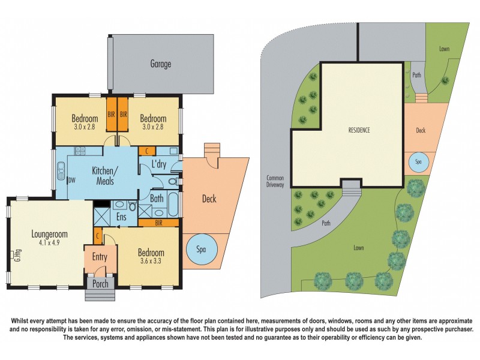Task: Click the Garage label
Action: (160, 64)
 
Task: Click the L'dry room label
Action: (158, 164)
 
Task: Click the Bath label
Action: (157, 198)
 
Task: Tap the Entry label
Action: (99, 257)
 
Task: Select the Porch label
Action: (100, 283)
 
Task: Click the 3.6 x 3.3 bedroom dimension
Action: (149, 262)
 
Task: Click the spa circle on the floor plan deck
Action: (199, 249)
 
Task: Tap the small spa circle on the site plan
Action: (418, 163)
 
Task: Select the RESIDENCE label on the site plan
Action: (359, 130)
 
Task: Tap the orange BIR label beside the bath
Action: (158, 223)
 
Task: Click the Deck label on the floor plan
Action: (209, 199)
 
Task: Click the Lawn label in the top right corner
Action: (444, 49)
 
